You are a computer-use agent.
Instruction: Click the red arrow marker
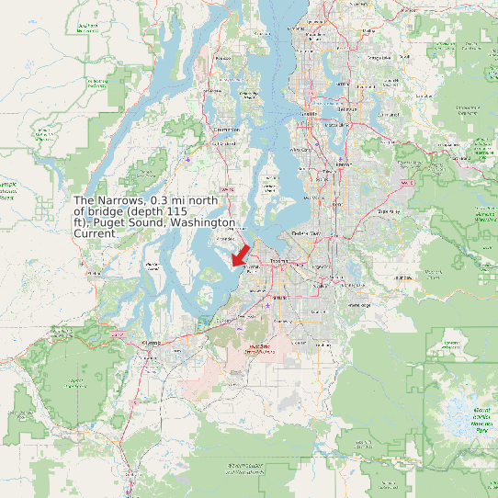click(241, 253)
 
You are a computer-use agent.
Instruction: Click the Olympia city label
click(152, 342)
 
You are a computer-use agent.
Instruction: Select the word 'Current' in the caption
click(95, 234)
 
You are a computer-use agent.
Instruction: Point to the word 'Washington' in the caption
click(206, 222)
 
